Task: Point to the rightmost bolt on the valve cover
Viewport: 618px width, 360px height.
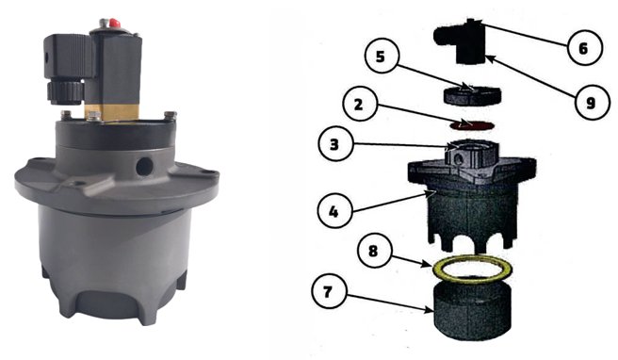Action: (168, 117)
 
